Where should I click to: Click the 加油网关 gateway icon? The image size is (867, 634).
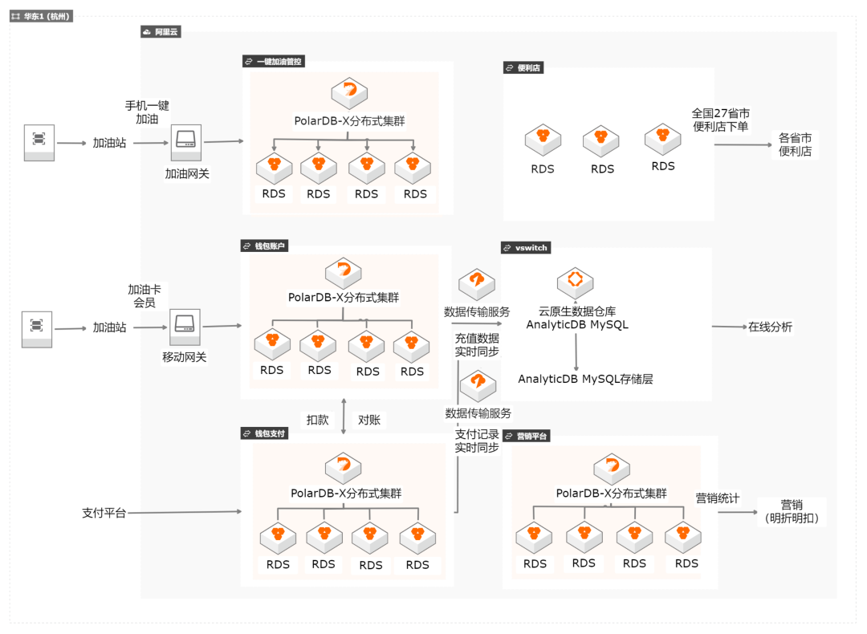(186, 142)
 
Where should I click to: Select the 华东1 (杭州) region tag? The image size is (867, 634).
(41, 16)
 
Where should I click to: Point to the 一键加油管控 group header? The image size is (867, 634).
(274, 61)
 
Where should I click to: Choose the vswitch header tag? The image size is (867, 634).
(527, 248)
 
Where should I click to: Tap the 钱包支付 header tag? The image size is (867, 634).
(264, 433)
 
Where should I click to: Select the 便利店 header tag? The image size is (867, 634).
(524, 68)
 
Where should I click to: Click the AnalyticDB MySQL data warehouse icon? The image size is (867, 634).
(576, 282)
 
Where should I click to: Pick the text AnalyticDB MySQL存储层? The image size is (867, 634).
(585, 379)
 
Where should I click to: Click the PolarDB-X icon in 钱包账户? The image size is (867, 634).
(343, 272)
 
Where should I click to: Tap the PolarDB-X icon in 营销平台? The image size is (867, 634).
(612, 467)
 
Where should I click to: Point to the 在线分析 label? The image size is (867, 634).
(770, 327)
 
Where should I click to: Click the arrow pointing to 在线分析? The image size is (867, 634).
(728, 327)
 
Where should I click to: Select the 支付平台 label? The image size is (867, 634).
(104, 512)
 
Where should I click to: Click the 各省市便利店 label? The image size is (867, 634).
(795, 144)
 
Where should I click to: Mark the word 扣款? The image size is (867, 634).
(317, 420)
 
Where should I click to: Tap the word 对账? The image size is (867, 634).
(369, 420)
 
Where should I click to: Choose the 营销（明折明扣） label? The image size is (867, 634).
(792, 511)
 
